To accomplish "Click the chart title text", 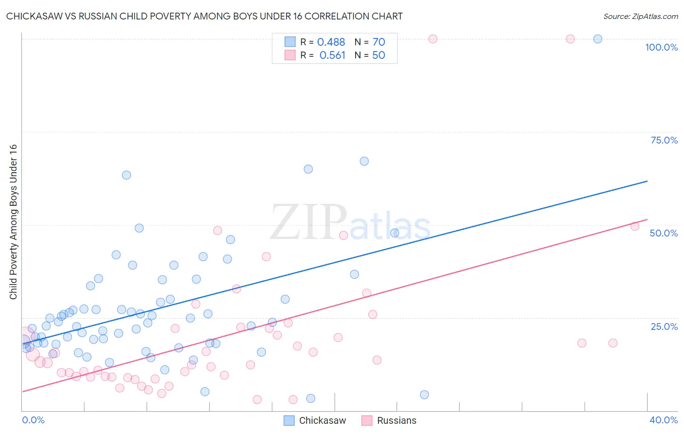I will click(204, 16).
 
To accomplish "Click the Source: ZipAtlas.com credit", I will click(640, 16).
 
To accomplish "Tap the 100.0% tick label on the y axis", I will click(661, 47).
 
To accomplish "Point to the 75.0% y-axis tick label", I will click(664, 140).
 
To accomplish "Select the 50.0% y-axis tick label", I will click(664, 233).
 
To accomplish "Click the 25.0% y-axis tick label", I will click(664, 326).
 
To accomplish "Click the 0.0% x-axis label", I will click(33, 420).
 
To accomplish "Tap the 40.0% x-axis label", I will click(664, 420).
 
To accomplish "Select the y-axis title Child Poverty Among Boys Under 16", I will click(13, 222).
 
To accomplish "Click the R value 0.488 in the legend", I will click(331, 42).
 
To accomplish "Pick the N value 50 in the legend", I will click(378, 55).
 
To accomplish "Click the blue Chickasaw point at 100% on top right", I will click(598, 39).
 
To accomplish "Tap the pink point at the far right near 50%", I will click(634, 226).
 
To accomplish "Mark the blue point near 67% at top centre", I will click(364, 161).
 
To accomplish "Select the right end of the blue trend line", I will click(647, 181).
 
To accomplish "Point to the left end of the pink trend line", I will click(22, 391).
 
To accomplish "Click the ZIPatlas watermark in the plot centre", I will click(350, 223).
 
